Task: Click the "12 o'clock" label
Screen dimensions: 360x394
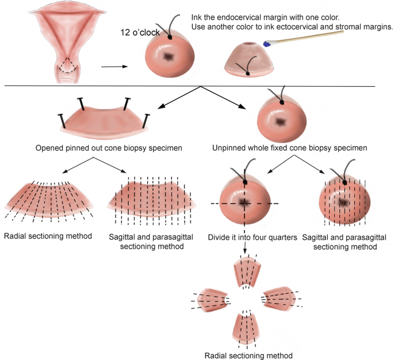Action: [x=140, y=32]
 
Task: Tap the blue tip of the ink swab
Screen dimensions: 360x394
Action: [x=267, y=43]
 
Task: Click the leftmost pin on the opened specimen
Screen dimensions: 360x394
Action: [x=60, y=120]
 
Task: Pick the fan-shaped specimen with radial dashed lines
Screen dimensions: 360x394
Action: [x=48, y=198]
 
